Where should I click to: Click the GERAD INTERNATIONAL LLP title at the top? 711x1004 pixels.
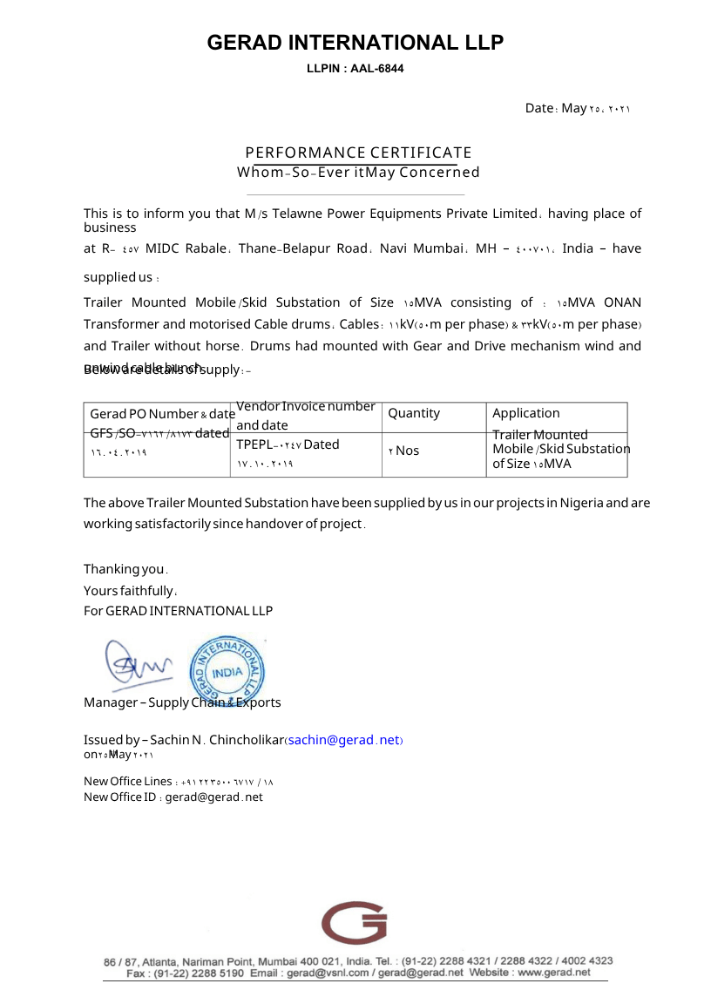[355, 43]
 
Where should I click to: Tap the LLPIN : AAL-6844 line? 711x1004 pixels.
[355, 68]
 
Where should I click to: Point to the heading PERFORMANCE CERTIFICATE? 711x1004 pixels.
[358, 153]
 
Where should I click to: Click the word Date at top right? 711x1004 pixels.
[539, 108]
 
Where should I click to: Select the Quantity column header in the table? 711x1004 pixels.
[414, 413]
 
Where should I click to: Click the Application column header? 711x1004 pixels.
[526, 413]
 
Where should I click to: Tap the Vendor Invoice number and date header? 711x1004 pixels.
[306, 416]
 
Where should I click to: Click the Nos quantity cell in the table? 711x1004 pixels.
[403, 451]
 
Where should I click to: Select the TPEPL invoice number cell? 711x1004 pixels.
[288, 444]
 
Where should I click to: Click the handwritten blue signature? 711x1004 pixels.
[139, 666]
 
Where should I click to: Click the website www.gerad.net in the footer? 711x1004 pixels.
[554, 972]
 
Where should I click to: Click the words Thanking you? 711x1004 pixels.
[125, 569]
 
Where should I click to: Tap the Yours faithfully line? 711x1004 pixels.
[130, 590]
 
